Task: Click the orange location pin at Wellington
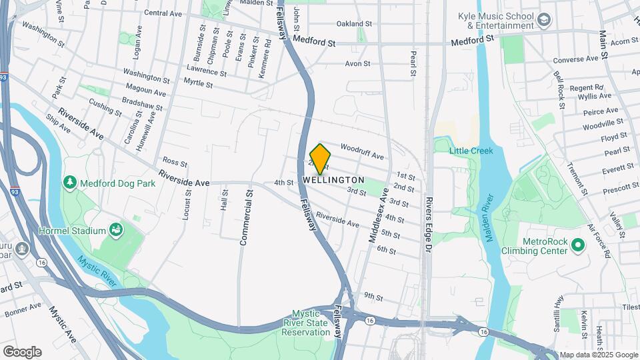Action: point(320,159)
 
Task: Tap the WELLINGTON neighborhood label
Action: point(333,180)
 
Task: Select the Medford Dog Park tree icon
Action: point(70,183)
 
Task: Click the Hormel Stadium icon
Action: point(117,231)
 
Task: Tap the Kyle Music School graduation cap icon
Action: point(544,21)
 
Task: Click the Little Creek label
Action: point(471,151)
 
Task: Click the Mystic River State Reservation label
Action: point(306,323)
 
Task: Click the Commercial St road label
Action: point(245,217)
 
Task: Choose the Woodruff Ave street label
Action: point(362,151)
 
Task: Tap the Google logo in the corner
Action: point(22,351)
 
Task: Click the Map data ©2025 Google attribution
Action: point(598,355)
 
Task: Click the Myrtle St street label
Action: point(197,84)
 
